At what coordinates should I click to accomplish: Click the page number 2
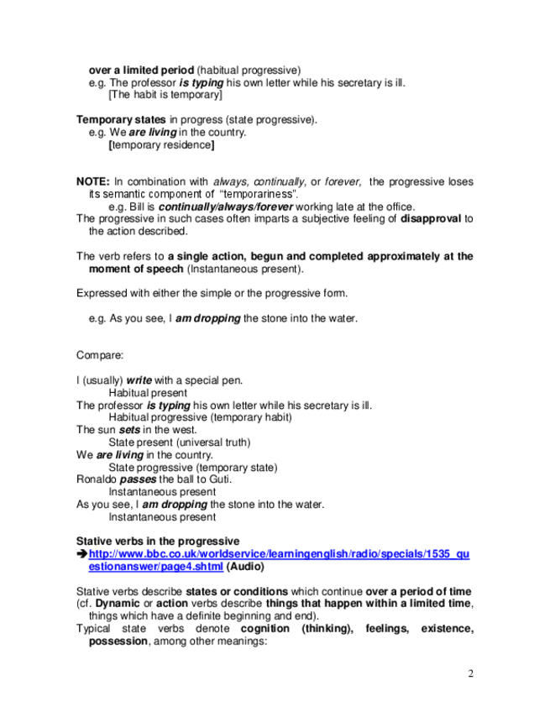pos(471,673)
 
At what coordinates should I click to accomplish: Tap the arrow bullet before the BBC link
pos(81,555)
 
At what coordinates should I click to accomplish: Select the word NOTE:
pos(93,181)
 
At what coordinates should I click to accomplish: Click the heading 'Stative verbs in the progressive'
pos(157,541)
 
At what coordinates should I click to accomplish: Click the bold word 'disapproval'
pos(431,219)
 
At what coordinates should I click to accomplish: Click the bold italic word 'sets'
pos(129,429)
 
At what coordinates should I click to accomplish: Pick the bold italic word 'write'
pos(139,380)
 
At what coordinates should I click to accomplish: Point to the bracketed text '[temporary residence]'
pos(161,145)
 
